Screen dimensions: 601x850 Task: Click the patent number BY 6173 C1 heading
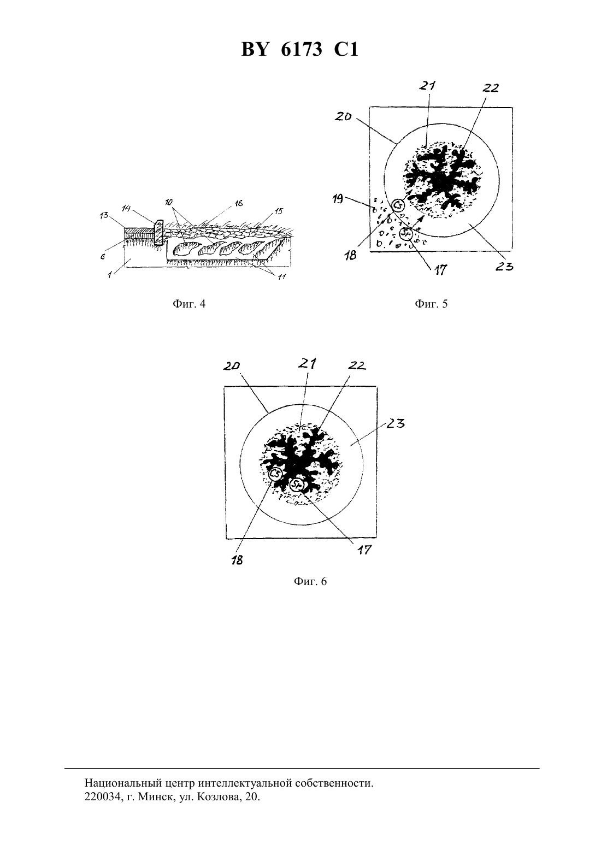pyautogui.click(x=300, y=50)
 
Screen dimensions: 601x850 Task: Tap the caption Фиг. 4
pyautogui.click(x=189, y=304)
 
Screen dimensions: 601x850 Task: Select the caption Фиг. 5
pyautogui.click(x=431, y=304)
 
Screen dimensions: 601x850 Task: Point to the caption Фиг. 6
pyautogui.click(x=310, y=581)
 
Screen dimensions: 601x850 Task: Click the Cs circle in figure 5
pyautogui.click(x=398, y=205)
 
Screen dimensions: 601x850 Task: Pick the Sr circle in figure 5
pyautogui.click(x=406, y=234)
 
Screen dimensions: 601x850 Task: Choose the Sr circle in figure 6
pyautogui.click(x=297, y=485)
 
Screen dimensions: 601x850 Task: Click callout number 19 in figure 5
pyautogui.click(x=337, y=198)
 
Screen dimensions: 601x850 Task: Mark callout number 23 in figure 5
pyautogui.click(x=504, y=267)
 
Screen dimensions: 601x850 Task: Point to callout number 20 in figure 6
pyautogui.click(x=232, y=366)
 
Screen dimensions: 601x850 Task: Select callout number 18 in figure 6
pyautogui.click(x=237, y=560)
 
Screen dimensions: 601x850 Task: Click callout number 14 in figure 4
pyautogui.click(x=127, y=208)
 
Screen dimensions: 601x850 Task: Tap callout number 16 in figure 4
pyautogui.click(x=239, y=203)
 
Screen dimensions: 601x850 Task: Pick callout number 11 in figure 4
pyautogui.click(x=281, y=277)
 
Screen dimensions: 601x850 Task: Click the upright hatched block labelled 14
pyautogui.click(x=158, y=233)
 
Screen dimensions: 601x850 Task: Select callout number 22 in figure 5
pyautogui.click(x=491, y=88)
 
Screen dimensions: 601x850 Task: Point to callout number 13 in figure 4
pyautogui.click(x=104, y=216)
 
